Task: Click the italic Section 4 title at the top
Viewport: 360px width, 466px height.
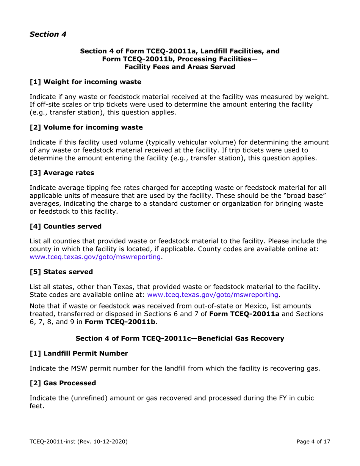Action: (48, 34)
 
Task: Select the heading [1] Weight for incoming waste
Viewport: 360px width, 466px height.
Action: (85, 81)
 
